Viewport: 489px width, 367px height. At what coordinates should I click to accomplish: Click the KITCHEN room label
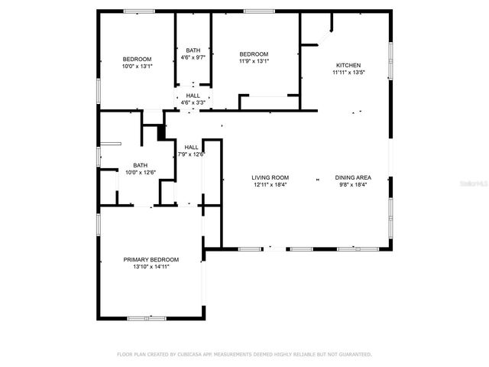pos(347,66)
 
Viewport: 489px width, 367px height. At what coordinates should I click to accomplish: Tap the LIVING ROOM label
pos(270,177)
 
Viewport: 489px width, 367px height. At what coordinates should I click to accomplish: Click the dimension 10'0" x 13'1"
pos(138,67)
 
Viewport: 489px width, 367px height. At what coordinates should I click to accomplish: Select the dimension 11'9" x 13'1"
pos(254,60)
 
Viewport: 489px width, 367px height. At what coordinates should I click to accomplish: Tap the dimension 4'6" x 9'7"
pos(193,57)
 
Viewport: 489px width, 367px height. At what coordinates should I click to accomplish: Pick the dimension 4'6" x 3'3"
pos(193,102)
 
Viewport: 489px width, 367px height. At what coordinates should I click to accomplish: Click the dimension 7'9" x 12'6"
pos(191,154)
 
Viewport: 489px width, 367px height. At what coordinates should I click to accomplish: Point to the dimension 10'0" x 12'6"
pos(141,172)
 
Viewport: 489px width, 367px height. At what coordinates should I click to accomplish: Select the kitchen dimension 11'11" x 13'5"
pos(348,73)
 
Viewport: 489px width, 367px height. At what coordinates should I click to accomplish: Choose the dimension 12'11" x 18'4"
pos(270,184)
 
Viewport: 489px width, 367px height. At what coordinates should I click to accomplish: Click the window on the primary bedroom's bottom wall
pos(147,317)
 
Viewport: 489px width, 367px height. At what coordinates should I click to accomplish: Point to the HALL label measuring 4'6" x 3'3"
pos(193,96)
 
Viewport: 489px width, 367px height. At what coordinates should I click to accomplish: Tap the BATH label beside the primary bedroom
pos(141,165)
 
